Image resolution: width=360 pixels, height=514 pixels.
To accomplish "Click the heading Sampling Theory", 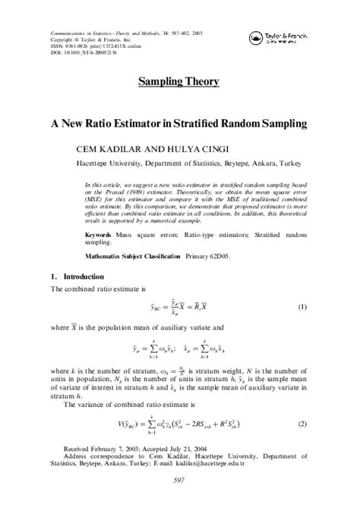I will point(179,81).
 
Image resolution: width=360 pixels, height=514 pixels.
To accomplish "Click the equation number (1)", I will point(302,307).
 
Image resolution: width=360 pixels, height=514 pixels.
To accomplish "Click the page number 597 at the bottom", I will point(180,481).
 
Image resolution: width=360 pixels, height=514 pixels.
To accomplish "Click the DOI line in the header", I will point(84,53).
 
